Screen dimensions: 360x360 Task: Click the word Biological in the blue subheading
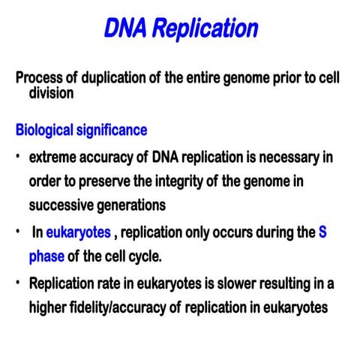(x=46, y=130)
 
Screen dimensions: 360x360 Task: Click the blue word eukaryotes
(x=78, y=233)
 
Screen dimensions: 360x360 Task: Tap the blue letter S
(x=322, y=232)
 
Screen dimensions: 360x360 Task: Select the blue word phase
(x=46, y=256)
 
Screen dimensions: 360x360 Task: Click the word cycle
(x=143, y=256)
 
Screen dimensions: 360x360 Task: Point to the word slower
(x=234, y=285)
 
